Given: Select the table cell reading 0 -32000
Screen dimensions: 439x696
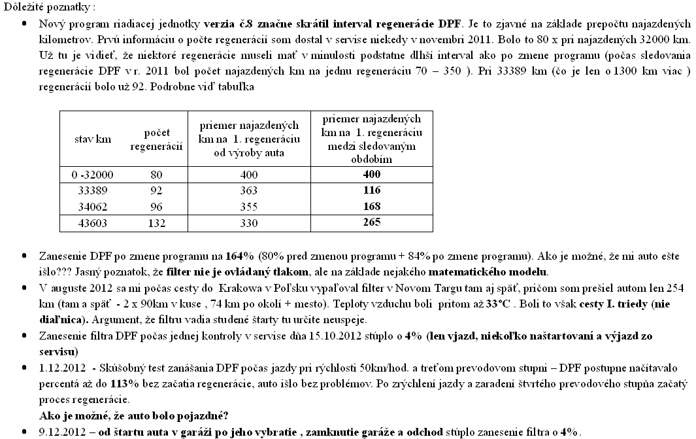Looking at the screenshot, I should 95,175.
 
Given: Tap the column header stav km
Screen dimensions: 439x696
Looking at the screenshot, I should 95,139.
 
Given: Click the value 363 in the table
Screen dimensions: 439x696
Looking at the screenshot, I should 248,191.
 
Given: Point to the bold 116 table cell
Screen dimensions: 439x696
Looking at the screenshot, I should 371,191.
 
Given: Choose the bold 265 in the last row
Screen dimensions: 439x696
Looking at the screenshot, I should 371,223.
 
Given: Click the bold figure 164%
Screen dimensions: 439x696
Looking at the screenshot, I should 238,256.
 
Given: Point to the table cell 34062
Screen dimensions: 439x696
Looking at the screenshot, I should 95,207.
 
